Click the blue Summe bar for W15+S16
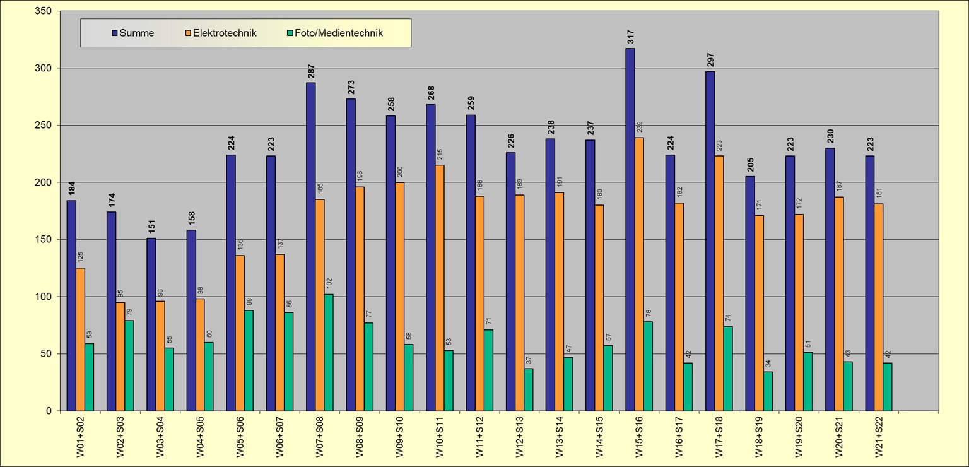[630, 230]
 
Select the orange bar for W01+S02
[80, 340]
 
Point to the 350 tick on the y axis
[44, 11]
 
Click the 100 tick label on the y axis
[44, 297]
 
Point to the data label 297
[710, 60]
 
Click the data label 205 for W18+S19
[750, 165]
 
